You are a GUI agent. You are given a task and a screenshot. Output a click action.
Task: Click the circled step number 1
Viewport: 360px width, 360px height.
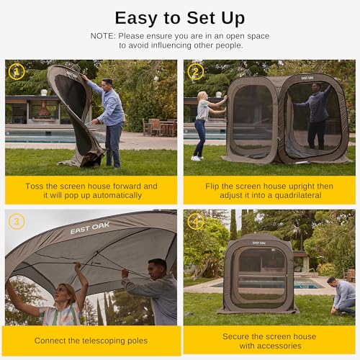(x=17, y=71)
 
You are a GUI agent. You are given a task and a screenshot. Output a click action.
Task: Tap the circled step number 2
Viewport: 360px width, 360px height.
(x=196, y=71)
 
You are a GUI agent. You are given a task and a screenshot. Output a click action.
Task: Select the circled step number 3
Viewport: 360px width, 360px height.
(x=17, y=221)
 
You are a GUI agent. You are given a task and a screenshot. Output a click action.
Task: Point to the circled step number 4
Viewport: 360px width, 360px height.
(x=196, y=221)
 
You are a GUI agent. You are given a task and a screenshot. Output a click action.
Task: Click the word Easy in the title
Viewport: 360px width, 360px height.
(x=136, y=19)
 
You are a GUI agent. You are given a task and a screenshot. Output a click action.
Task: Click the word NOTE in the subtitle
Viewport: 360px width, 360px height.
(x=102, y=36)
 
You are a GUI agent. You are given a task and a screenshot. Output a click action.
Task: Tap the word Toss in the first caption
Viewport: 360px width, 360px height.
(x=35, y=186)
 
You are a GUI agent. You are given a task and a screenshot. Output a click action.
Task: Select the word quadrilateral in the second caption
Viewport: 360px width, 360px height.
(x=298, y=195)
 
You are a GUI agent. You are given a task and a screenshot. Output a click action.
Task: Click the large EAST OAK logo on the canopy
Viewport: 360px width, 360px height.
(x=90, y=228)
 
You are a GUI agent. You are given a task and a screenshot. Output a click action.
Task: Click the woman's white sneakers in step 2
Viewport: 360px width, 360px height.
(x=197, y=158)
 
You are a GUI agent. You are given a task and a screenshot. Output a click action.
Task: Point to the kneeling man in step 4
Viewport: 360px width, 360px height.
(x=343, y=297)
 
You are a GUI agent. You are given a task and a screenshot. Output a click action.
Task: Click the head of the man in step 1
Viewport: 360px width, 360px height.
(x=107, y=84)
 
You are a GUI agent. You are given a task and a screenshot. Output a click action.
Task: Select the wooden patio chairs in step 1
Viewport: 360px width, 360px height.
(x=159, y=127)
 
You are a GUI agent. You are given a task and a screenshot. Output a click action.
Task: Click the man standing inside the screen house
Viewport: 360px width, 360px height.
(x=314, y=115)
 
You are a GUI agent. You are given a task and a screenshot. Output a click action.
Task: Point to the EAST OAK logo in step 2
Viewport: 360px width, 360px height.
(x=307, y=78)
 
